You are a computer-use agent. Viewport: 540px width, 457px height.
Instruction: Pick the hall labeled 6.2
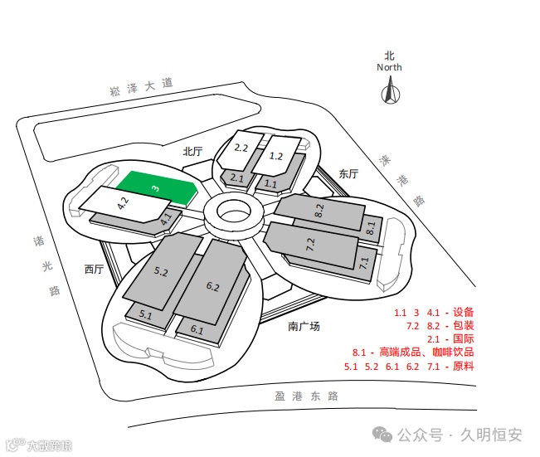point(212,286)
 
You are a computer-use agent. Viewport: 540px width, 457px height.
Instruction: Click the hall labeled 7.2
point(311,246)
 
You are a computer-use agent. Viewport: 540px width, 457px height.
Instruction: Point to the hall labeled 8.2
point(319,211)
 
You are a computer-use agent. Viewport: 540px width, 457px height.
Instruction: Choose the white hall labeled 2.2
point(241,148)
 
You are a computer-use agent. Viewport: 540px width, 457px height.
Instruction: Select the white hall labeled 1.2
point(277,155)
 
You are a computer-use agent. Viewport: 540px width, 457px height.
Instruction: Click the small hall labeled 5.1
point(146,314)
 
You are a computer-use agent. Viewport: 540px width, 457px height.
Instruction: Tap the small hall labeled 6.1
point(197,329)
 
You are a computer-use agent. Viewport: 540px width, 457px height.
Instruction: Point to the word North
point(389,67)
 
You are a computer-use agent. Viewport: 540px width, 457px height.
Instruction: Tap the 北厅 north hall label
point(192,151)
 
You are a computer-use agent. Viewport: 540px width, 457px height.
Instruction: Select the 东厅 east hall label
point(348,174)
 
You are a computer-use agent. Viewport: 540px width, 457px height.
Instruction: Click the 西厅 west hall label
point(94,269)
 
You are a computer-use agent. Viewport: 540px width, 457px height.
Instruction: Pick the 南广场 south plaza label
point(304,326)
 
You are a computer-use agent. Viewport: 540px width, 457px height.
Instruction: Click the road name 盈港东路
point(307,396)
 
